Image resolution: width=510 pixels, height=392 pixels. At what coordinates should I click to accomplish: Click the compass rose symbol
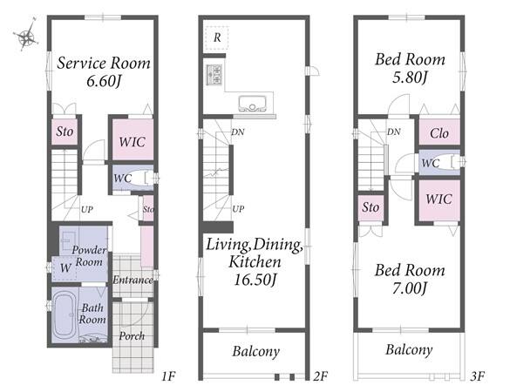pos(26,36)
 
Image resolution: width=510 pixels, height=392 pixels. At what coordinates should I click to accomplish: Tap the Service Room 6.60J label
pos(104,72)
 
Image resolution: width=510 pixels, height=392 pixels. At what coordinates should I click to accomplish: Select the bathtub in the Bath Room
pos(65,315)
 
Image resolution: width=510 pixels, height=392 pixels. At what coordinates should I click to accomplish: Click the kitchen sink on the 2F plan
pos(252,104)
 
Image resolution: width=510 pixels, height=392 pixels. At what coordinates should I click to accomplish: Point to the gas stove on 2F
pos(214,75)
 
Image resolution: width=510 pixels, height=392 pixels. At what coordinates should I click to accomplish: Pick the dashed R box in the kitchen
pos(217,38)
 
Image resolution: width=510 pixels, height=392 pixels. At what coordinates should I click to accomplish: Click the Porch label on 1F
pos(132,336)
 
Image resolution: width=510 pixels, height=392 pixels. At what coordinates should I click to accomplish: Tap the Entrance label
pos(133,280)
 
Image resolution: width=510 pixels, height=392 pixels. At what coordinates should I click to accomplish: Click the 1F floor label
pos(168,376)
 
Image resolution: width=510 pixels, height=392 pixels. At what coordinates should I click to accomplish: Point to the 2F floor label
pos(320,376)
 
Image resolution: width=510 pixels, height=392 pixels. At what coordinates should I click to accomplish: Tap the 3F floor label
pos(478,376)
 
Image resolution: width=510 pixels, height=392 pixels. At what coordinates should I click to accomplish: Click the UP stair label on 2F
pos(238,209)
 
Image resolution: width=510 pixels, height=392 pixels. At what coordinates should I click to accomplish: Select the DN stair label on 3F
pos(393,132)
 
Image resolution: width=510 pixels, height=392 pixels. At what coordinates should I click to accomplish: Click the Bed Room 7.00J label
pos(410,279)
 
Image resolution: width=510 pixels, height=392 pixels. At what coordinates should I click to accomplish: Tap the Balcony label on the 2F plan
pos(256,351)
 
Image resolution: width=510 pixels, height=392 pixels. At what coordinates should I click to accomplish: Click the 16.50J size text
pos(255,280)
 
